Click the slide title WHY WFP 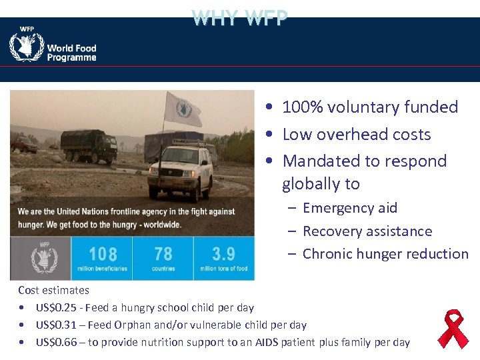click(x=240, y=17)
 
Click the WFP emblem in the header click(x=27, y=47)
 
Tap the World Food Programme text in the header click(x=71, y=53)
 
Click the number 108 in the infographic click(x=103, y=254)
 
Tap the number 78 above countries click(x=163, y=254)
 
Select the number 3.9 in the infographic click(x=223, y=254)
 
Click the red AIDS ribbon click(x=453, y=328)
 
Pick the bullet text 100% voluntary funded click(x=370, y=107)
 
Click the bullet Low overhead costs click(x=357, y=135)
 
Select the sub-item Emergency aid click(x=350, y=208)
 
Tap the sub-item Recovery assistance click(x=367, y=231)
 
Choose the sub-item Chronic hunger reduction click(x=385, y=254)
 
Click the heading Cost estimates click(x=53, y=290)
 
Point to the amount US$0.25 click(x=57, y=308)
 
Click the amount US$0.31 click(x=57, y=325)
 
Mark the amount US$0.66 click(x=57, y=343)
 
